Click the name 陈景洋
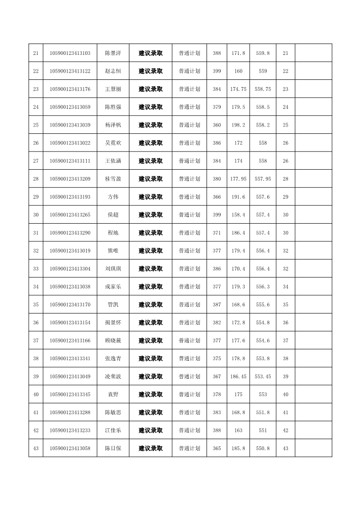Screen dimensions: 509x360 pos(113,53)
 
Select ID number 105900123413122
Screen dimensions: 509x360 pos(70,71)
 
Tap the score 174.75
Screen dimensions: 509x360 pos(238,89)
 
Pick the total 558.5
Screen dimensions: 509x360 pos(263,107)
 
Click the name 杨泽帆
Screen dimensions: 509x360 pos(113,125)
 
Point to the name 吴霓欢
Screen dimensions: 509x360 pos(113,143)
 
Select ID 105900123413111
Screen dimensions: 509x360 pos(70,161)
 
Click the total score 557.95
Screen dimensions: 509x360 pos(263,179)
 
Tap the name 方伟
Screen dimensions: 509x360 pos(113,197)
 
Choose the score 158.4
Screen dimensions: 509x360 pos(238,215)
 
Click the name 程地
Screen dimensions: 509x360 pos(113,233)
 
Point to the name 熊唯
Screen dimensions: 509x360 pos(113,250)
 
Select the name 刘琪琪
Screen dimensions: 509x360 pos(113,269)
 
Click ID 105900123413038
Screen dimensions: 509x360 pos(70,287)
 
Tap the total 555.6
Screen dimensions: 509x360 pos(263,304)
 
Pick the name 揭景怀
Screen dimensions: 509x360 pos(113,323)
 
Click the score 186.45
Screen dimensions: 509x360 pos(238,377)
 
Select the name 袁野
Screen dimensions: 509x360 pos(113,394)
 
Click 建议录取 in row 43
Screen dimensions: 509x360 pos(151,448)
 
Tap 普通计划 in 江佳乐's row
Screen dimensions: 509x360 pos(189,431)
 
